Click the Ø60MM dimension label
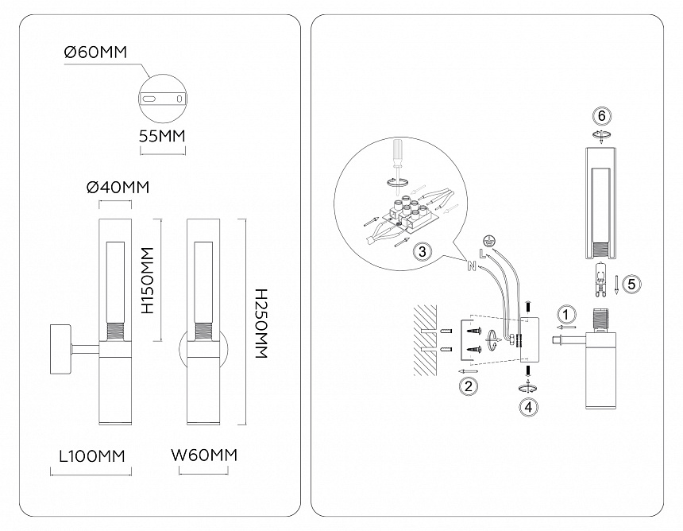(95, 53)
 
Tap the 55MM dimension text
(161, 135)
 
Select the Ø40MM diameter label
(117, 187)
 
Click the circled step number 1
(565, 312)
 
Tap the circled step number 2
(469, 386)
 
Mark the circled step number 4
(527, 405)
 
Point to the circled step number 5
(631, 283)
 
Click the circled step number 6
(602, 116)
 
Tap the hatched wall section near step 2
(426, 340)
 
